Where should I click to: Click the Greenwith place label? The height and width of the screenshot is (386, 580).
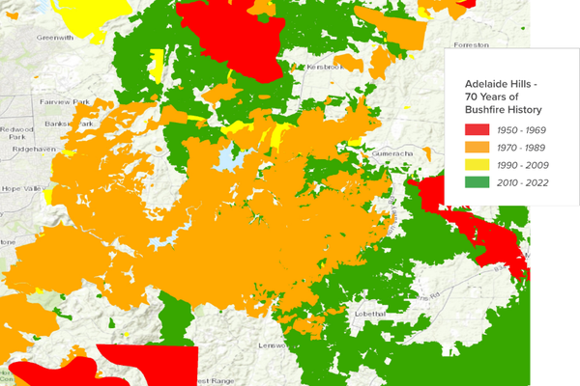[x=56, y=37]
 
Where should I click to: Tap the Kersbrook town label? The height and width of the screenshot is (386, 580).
[x=324, y=69]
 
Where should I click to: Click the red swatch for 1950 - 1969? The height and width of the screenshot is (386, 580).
[x=477, y=128]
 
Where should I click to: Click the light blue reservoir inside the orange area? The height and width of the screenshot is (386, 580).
[x=229, y=156]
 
